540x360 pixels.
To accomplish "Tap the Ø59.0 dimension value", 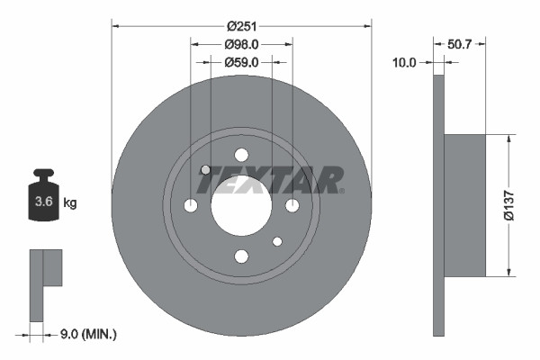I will pos(241,62).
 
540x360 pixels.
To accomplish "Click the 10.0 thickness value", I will pos(405,62).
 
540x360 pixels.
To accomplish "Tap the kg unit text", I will pos(70,203).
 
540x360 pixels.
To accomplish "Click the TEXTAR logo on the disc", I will pos(270,180).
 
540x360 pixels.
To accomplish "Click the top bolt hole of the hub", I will pos(241,155).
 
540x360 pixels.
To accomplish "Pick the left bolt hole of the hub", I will pos(190,206).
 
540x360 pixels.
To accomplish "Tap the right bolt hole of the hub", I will pos(292,206).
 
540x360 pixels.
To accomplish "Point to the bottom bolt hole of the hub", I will pos(241,257).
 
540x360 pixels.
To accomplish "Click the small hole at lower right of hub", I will pos(277,241).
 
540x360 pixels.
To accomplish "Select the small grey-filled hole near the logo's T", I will pos(205,170).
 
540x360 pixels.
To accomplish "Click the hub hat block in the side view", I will pos(465,205).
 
